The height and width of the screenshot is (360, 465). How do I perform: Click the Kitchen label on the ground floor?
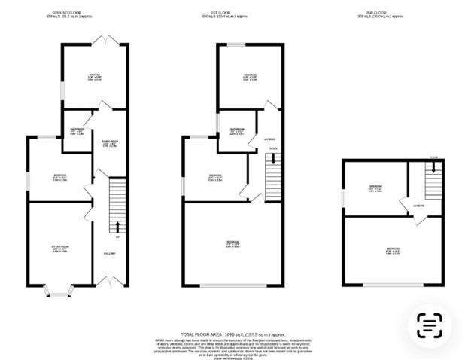(x=94, y=75)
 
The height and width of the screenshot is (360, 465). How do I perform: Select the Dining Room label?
(x=108, y=143)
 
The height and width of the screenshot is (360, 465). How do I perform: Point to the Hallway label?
(x=109, y=254)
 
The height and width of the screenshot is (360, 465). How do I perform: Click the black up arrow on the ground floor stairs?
(x=117, y=227)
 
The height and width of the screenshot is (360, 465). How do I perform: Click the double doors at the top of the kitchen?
(x=102, y=38)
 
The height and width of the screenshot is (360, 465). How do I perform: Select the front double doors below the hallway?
(x=110, y=281)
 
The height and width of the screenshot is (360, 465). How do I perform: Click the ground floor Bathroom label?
(x=77, y=131)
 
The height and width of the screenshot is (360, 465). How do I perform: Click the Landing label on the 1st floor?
(x=269, y=139)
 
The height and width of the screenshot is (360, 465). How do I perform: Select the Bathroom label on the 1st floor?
(x=237, y=131)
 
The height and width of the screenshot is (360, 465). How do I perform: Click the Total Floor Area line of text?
(x=233, y=333)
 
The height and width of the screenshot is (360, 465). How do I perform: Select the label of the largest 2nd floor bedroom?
(x=393, y=250)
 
